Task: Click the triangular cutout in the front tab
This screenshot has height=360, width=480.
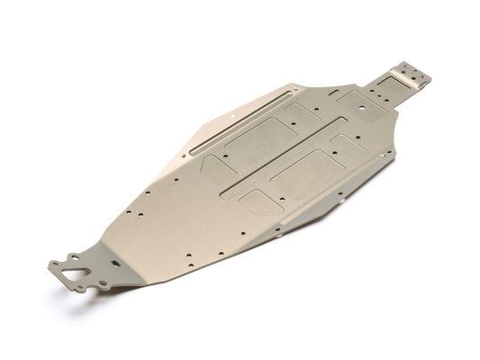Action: (67, 269)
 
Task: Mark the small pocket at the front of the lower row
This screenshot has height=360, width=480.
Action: (259, 202)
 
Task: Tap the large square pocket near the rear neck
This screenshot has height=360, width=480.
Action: (363, 103)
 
